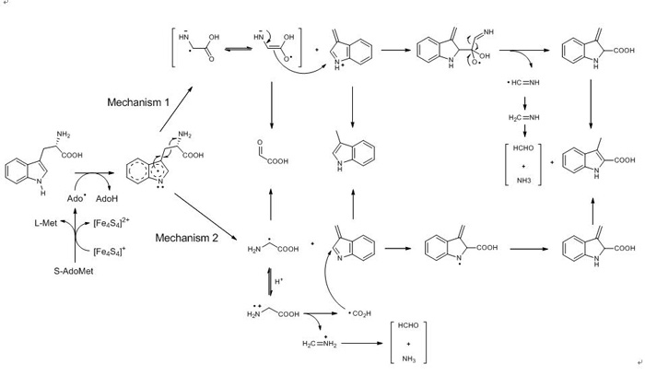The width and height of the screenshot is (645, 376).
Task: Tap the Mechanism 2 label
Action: (185, 237)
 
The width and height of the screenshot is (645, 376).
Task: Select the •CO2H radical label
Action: (359, 313)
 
